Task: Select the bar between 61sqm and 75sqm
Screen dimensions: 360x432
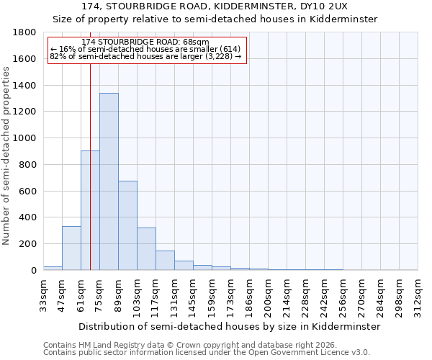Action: point(90,210)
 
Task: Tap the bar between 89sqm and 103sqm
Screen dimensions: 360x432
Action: point(127,225)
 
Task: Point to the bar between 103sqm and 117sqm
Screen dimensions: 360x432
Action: point(146,249)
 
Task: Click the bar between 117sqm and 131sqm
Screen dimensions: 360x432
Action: point(165,261)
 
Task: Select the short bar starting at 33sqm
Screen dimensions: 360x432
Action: point(53,268)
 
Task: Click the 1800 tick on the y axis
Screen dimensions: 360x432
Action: point(25,32)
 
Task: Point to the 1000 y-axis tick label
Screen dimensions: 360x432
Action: point(25,138)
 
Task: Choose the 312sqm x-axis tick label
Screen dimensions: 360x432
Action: point(418,294)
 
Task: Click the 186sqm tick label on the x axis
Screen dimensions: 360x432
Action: point(249,294)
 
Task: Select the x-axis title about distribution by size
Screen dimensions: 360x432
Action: point(229,326)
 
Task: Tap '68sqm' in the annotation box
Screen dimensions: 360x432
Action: point(197,42)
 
